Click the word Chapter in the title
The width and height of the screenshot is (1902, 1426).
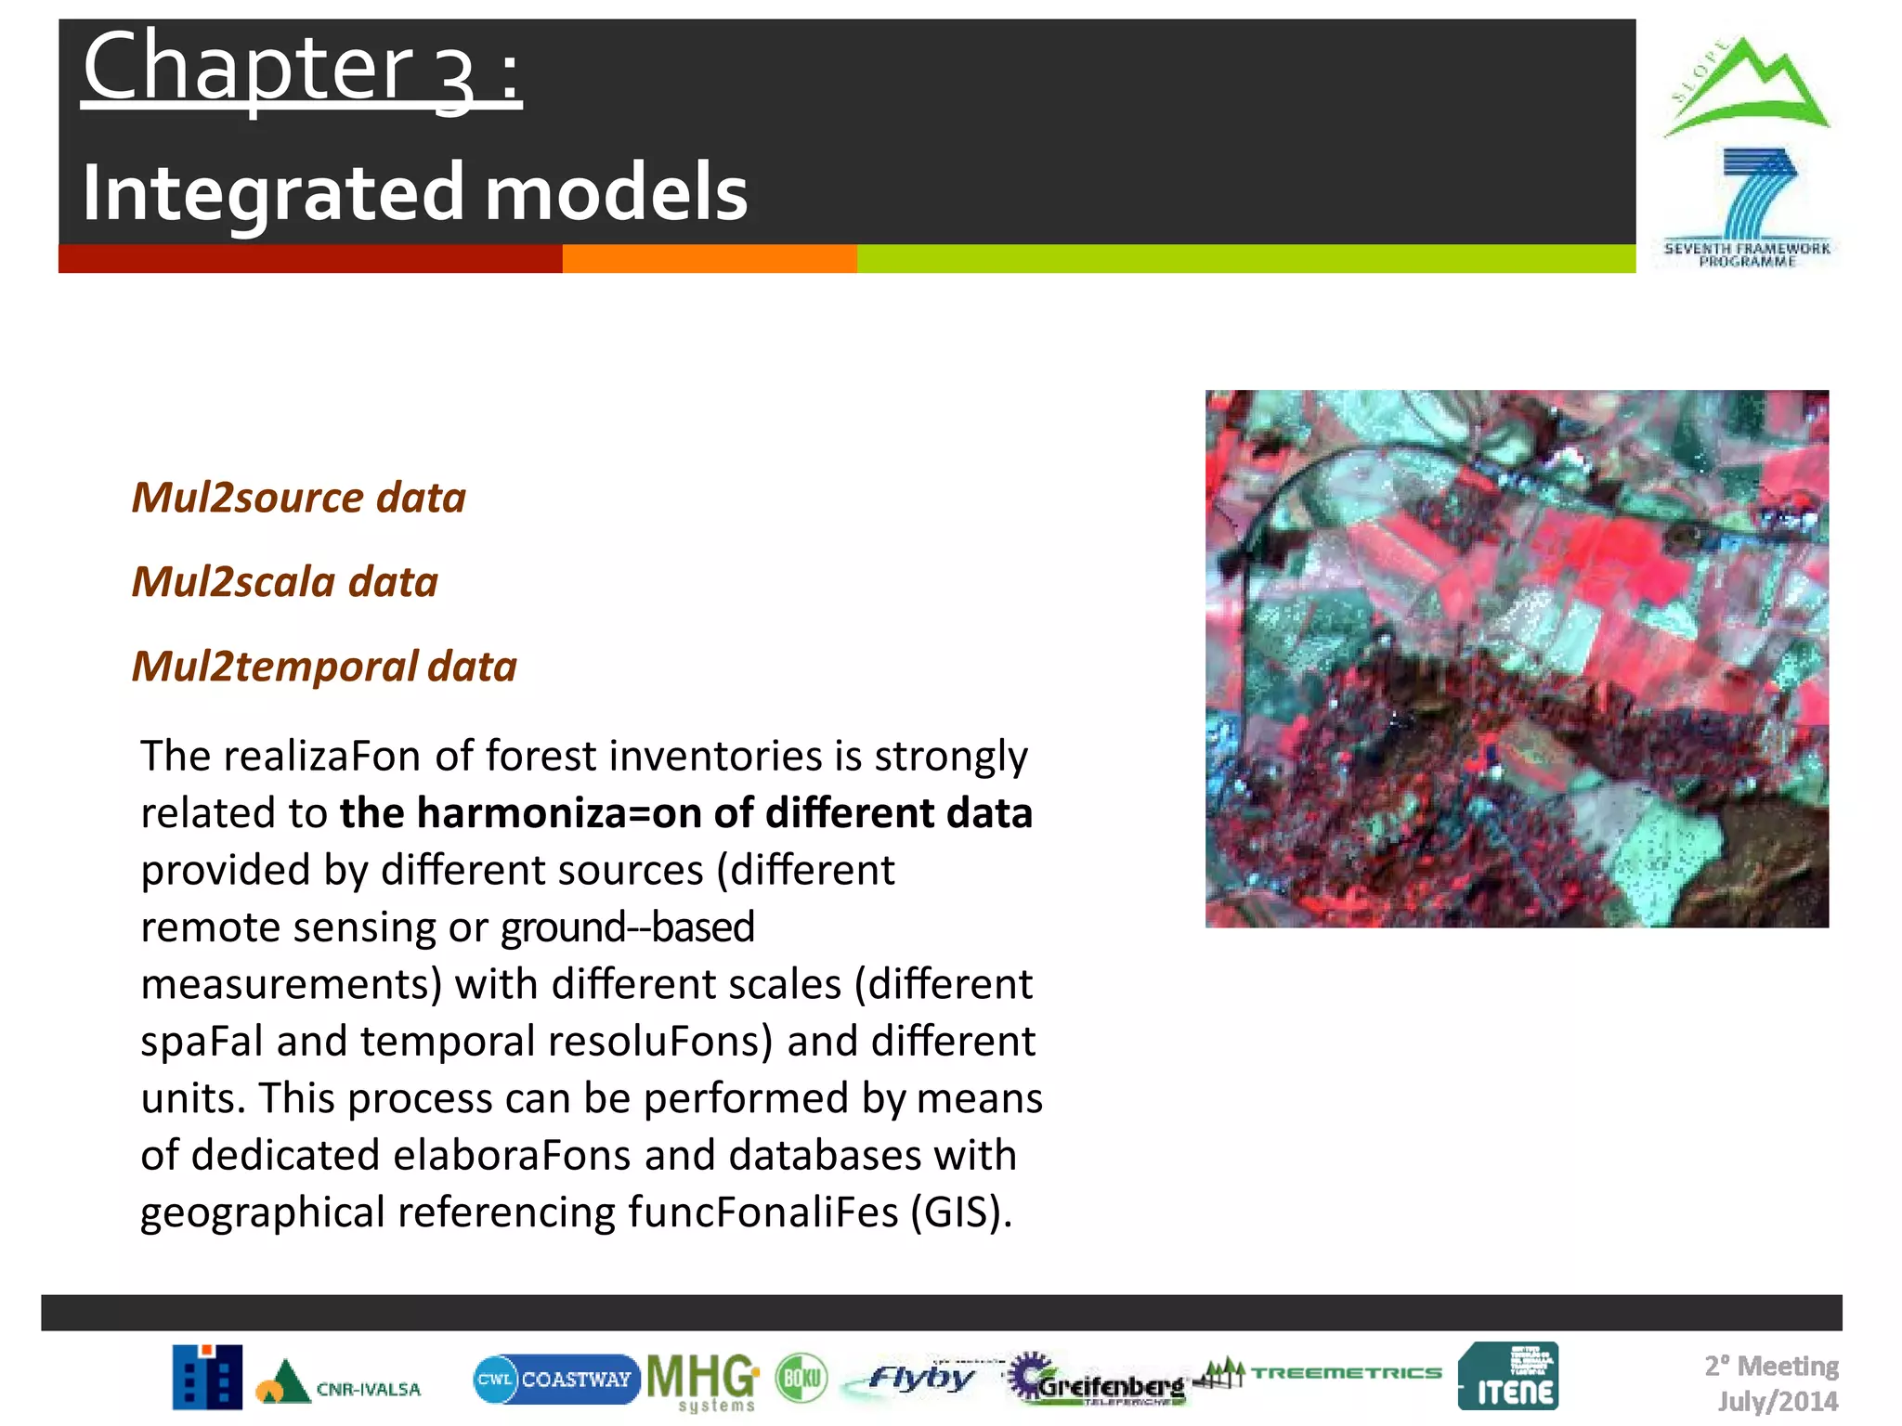pos(248,67)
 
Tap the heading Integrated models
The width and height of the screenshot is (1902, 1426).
pos(414,192)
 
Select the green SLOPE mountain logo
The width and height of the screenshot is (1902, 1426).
pos(1747,88)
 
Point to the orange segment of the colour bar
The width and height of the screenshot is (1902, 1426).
pos(709,259)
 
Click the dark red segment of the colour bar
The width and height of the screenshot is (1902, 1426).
pos(309,259)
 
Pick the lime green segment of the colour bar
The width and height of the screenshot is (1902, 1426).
pos(1244,259)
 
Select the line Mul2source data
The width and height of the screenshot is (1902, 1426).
pos(298,498)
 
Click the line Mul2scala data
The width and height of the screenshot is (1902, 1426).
pos(284,582)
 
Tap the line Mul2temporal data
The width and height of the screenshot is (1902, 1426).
pos(324,667)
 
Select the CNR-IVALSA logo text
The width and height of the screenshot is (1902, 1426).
pos(368,1389)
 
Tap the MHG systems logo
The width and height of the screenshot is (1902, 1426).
pos(703,1381)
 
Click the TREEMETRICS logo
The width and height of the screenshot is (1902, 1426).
pos(1345,1372)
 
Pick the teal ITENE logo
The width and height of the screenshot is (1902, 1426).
pos(1508,1377)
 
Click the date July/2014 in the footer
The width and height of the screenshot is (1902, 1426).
pos(1778,1401)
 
